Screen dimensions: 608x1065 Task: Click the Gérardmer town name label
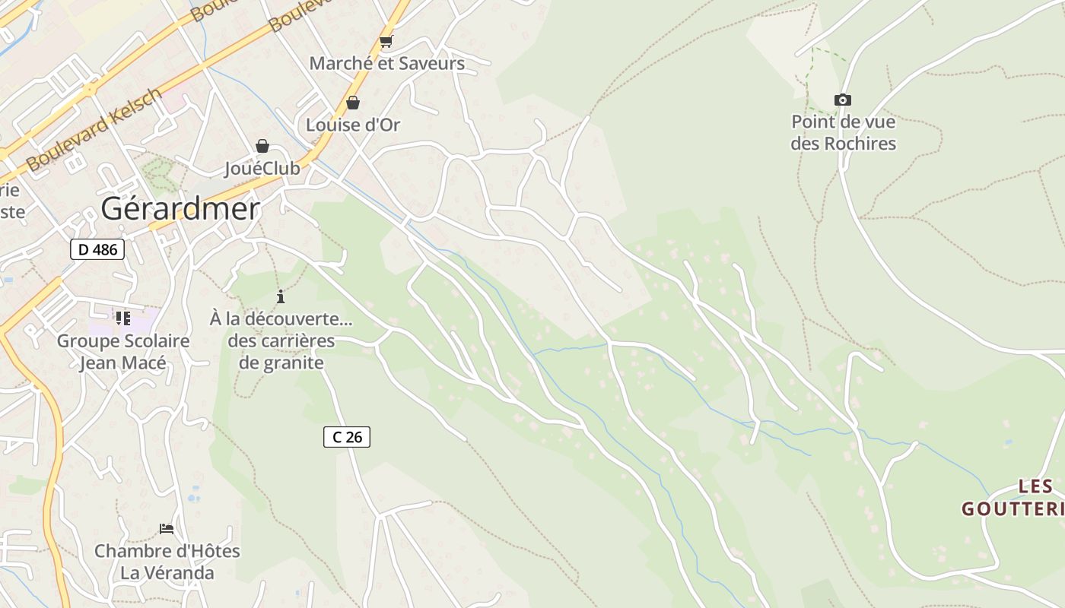click(x=180, y=208)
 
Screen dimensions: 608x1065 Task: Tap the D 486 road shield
click(x=97, y=249)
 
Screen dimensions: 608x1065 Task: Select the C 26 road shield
click(x=347, y=436)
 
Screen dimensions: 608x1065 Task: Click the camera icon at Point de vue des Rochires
click(x=842, y=100)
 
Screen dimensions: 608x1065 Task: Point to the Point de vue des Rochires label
click(x=843, y=132)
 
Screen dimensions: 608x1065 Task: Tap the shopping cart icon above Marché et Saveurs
click(x=386, y=42)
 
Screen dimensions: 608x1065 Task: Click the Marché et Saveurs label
click(x=386, y=63)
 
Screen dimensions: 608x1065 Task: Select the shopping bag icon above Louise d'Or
click(x=353, y=103)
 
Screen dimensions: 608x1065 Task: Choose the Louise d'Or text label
click(x=353, y=125)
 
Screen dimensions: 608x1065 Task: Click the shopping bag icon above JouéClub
click(x=262, y=146)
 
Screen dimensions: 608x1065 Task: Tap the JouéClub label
click(x=262, y=168)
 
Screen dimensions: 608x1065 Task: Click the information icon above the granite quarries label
click(x=281, y=296)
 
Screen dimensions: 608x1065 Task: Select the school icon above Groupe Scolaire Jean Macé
click(x=123, y=318)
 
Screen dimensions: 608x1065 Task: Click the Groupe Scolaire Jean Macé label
click(x=123, y=352)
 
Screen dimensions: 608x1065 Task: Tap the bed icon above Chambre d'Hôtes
click(x=167, y=528)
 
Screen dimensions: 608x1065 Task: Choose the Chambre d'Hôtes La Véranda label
click(x=167, y=562)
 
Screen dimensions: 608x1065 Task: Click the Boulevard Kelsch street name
click(x=94, y=129)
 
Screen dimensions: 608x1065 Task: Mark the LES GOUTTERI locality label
click(x=1013, y=498)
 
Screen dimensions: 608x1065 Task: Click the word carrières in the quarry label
click(x=281, y=340)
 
